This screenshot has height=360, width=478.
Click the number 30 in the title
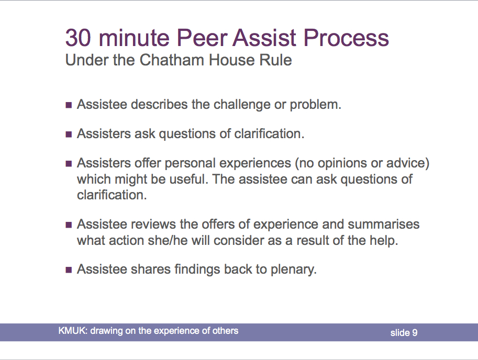click(78, 38)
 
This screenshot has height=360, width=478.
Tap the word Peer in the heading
click(202, 38)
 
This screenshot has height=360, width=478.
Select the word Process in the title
click(346, 38)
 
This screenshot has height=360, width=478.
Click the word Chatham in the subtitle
click(172, 60)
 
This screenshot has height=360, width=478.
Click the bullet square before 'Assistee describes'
click(69, 105)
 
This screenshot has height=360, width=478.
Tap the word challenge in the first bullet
click(242, 105)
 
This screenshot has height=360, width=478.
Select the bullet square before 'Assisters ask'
click(69, 134)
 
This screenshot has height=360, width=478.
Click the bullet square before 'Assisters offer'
click(69, 164)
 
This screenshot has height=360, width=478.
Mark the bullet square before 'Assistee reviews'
click(69, 225)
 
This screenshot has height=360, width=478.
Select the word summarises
click(383, 224)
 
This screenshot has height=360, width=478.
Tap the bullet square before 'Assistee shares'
click(69, 270)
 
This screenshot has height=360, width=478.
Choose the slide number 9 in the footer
click(415, 333)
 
